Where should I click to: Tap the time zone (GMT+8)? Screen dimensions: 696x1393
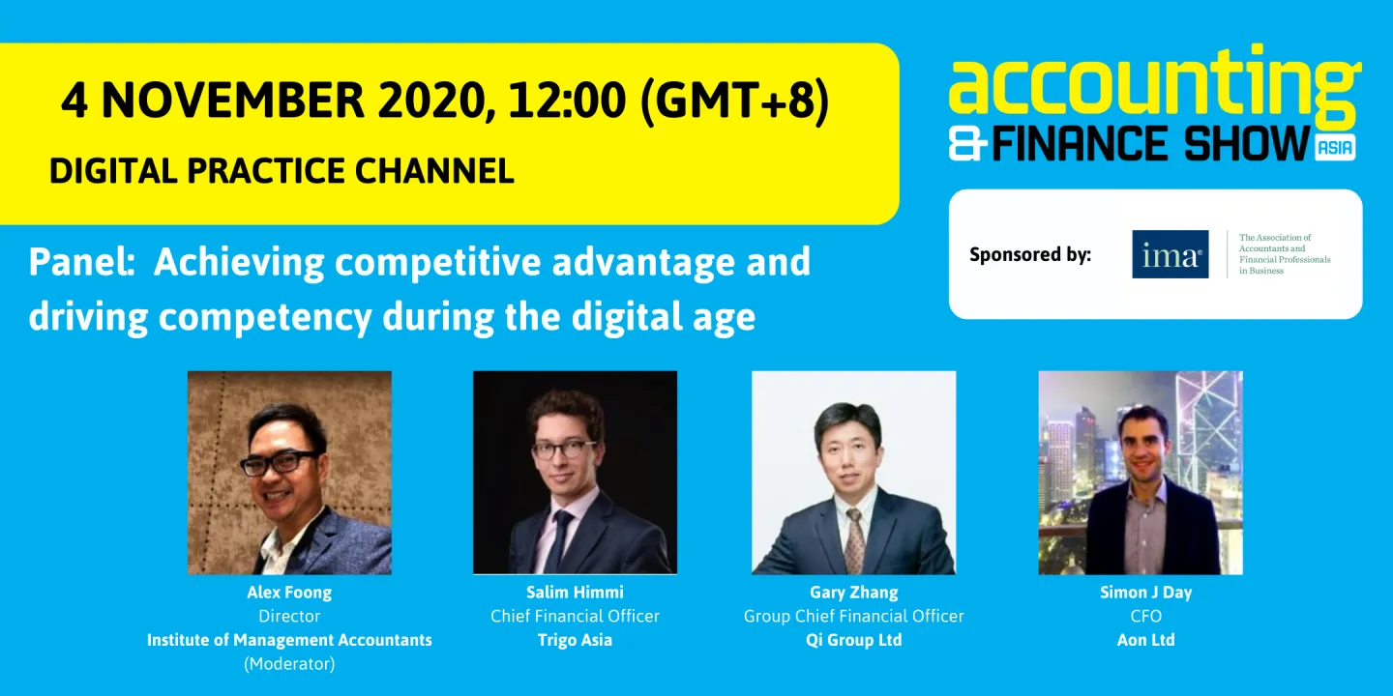click(734, 101)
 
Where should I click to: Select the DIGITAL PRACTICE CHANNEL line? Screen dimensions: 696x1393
click(282, 171)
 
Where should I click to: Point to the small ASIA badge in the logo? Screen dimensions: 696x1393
click(1336, 147)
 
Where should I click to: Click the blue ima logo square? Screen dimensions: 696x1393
click(1170, 254)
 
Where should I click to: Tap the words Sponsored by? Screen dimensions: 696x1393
click(1030, 255)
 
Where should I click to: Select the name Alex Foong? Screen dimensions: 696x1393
click(289, 593)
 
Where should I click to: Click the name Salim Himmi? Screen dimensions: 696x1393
click(575, 593)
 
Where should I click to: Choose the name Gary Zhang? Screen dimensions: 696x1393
click(853, 593)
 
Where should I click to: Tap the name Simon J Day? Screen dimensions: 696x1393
click(1145, 593)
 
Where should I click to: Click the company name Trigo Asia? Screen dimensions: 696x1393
click(575, 640)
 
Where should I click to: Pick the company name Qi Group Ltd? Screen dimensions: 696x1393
click(853, 640)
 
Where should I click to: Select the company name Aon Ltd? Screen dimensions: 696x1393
click(1145, 640)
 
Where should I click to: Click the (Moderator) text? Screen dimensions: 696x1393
click(289, 664)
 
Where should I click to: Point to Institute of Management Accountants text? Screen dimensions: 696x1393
click(289, 640)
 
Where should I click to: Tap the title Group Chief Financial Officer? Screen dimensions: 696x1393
click(853, 617)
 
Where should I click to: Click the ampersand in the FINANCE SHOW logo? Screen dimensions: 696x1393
click(968, 145)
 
